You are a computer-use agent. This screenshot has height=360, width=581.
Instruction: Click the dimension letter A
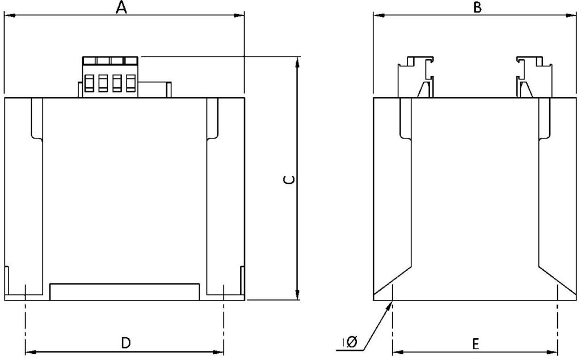pos(121,7)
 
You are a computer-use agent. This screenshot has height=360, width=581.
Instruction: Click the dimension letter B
pos(478,7)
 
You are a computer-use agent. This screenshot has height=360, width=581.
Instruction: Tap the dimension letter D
pos(126,342)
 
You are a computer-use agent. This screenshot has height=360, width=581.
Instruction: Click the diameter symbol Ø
pos(351,341)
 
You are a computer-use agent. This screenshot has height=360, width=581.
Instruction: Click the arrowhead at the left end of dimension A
pos(10,15)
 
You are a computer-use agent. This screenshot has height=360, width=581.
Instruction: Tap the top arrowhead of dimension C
pos(297,62)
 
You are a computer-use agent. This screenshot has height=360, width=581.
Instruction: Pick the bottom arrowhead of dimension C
pos(297,294)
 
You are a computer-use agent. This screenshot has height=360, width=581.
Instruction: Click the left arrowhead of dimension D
pos(31,351)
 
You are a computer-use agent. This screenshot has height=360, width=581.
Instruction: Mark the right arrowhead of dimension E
pos(552,352)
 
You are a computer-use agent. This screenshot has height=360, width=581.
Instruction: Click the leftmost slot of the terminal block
pos(89,83)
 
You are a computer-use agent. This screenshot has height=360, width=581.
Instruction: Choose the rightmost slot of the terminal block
pos(131,83)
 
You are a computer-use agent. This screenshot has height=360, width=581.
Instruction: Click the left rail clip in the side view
pos(416,77)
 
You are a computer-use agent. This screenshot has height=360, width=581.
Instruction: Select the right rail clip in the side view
pos(534,77)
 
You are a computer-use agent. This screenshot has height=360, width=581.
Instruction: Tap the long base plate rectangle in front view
pos(124,292)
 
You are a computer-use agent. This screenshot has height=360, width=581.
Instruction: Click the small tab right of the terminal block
pos(169,90)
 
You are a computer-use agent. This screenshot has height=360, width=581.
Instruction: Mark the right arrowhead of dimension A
pos(239,15)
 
